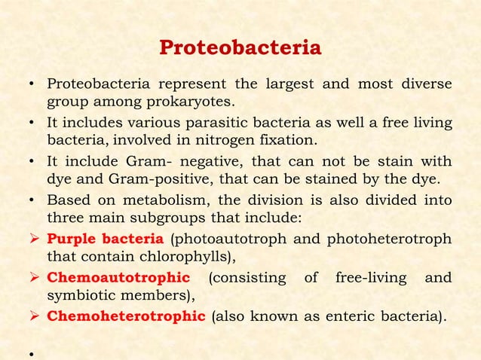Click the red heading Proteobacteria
coord(240,48)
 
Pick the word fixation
coord(288,142)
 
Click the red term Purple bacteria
coord(105,240)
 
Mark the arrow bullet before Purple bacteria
coord(35,240)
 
